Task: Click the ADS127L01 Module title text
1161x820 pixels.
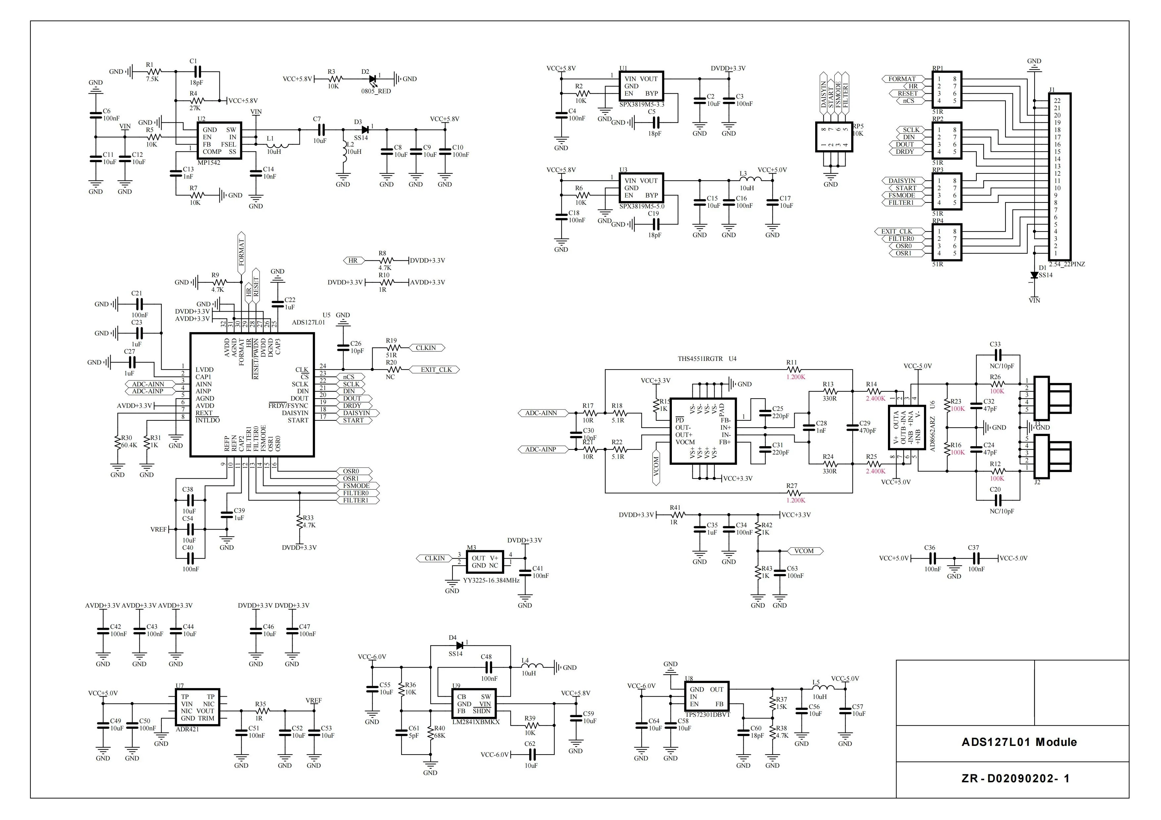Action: point(1018,742)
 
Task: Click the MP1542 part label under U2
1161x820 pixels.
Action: point(209,163)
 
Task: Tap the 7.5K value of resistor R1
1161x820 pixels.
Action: point(152,79)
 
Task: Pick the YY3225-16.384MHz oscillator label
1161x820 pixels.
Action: point(491,581)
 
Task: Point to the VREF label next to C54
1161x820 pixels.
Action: point(158,530)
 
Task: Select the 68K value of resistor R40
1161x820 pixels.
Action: point(440,736)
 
